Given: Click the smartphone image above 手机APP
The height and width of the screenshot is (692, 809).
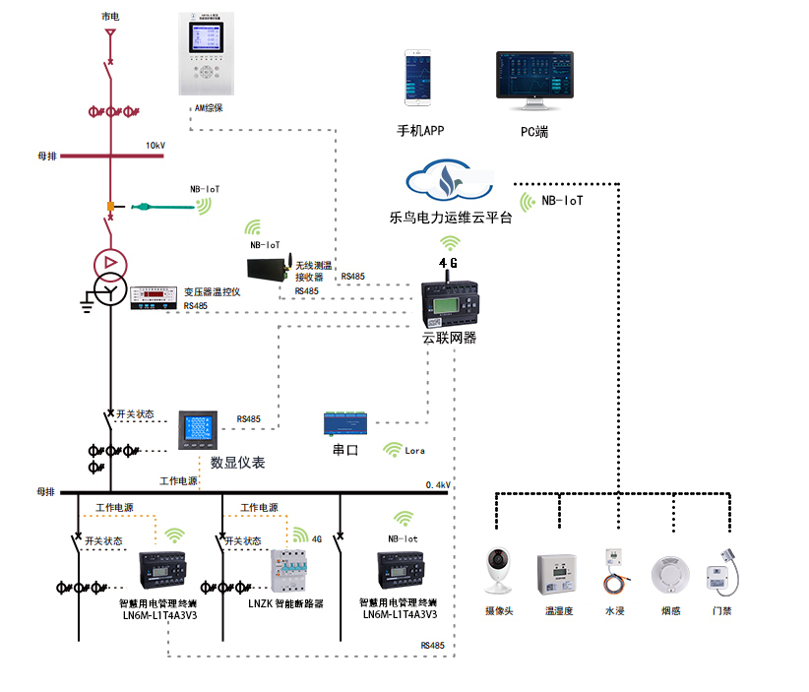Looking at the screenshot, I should coord(418,79).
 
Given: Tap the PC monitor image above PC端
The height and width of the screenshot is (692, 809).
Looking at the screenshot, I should coord(534,80).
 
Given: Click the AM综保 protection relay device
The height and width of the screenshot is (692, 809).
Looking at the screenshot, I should coord(207,55).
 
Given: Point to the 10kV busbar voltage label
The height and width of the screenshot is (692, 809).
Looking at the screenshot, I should coord(156,146).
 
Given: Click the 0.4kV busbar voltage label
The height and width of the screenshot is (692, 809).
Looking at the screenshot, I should coord(438,485).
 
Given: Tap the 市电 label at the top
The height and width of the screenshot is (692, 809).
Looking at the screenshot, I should coord(111,18).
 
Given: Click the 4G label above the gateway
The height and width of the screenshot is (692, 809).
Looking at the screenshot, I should coord(448,263).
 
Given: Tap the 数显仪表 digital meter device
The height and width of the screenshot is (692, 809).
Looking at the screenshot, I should coord(195,431).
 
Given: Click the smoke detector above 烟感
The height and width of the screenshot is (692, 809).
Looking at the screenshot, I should coord(670,574).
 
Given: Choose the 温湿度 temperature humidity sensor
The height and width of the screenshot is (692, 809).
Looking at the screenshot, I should coord(554,572).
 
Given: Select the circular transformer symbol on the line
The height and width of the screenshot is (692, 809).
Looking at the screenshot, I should coord(108,264).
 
